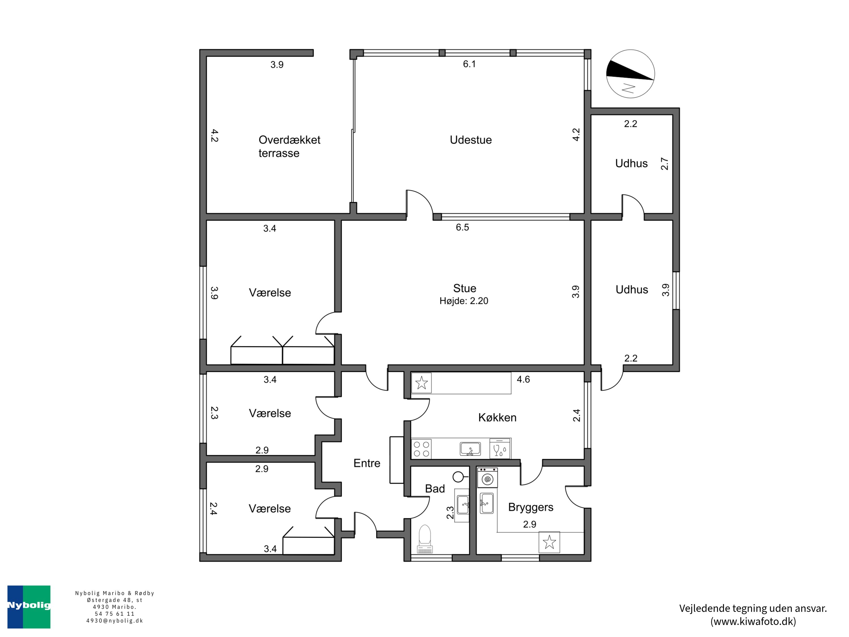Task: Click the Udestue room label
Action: (471, 140)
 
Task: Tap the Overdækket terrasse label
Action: (289, 146)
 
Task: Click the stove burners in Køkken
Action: (421, 449)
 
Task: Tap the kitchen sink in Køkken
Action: (470, 449)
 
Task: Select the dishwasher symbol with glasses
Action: (500, 449)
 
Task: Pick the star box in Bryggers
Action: (549, 542)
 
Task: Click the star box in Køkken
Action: (421, 383)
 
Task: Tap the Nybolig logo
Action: (29, 607)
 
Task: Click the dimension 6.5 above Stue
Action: (462, 227)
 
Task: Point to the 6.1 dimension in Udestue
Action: (469, 64)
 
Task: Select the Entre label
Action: (366, 463)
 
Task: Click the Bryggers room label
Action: (530, 507)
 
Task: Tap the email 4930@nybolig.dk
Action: (114, 621)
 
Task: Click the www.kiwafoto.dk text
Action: (753, 621)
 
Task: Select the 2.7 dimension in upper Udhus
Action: (664, 164)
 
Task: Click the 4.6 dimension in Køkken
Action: (523, 379)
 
